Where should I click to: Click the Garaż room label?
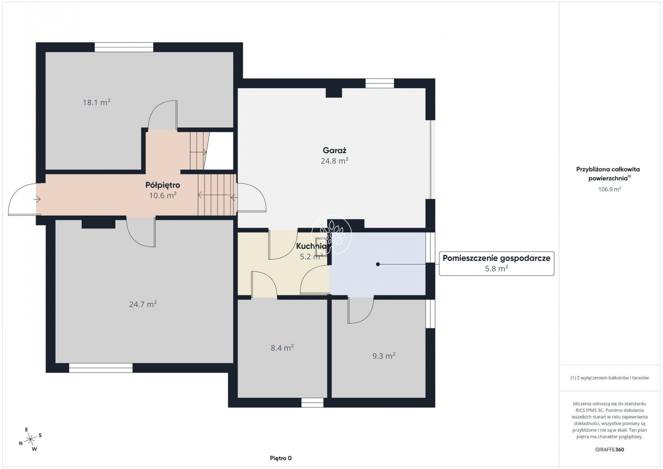pyautogui.click(x=334, y=151)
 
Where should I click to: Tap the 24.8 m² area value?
pyautogui.click(x=334, y=161)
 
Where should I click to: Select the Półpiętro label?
pyautogui.click(x=163, y=185)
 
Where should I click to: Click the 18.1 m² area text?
pyautogui.click(x=96, y=102)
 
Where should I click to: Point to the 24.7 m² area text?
pyautogui.click(x=143, y=304)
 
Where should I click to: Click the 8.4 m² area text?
pyautogui.click(x=282, y=348)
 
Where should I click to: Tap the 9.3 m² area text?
pyautogui.click(x=384, y=356)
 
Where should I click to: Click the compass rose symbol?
pyautogui.click(x=31, y=439)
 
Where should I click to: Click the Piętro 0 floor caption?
pyautogui.click(x=281, y=458)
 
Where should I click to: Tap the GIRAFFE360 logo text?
pyautogui.click(x=609, y=449)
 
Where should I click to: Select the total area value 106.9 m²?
pyautogui.click(x=609, y=189)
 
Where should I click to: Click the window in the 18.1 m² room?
pyautogui.click(x=124, y=47)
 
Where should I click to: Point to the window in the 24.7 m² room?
pyautogui.click(x=101, y=368)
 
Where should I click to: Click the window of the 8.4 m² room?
pyautogui.click(x=312, y=403)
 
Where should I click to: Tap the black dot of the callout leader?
pyautogui.click(x=378, y=264)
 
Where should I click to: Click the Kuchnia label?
pyautogui.click(x=311, y=246)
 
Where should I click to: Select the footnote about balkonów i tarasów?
pyautogui.click(x=609, y=378)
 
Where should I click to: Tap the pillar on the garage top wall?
pyautogui.click(x=334, y=92)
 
